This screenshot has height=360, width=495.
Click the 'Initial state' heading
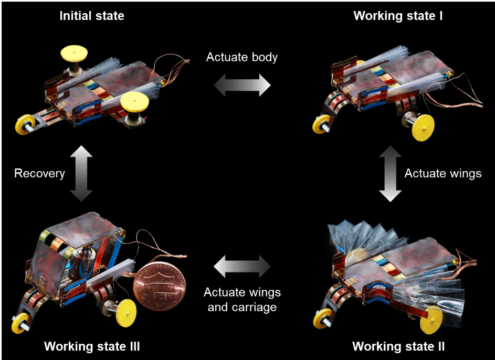(x=92, y=15)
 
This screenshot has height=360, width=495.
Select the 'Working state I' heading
(x=398, y=15)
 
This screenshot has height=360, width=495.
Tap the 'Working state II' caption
(x=398, y=346)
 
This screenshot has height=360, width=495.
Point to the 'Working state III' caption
(x=92, y=346)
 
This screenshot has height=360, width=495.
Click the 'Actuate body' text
(x=241, y=57)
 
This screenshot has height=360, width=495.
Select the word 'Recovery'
(x=39, y=173)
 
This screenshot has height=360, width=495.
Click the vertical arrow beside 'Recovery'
(x=81, y=174)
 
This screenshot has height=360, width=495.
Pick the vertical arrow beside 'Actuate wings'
(x=389, y=174)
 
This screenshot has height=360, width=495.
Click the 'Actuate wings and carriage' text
(x=241, y=299)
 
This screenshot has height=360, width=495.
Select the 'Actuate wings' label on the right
(x=443, y=173)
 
